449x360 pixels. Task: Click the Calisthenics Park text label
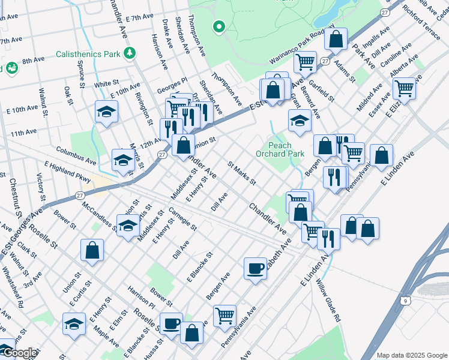click(89, 54)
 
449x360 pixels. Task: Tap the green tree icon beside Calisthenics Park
click(129, 54)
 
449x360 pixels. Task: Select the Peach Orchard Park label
click(279, 149)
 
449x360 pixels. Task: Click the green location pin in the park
click(219, 26)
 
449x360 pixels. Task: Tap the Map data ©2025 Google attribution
click(412, 355)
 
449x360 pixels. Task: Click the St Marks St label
click(242, 173)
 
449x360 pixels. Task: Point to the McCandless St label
click(100, 216)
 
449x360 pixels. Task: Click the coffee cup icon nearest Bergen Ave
click(255, 268)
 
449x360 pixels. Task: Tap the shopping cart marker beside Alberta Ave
click(405, 88)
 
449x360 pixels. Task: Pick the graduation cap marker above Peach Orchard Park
click(299, 121)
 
